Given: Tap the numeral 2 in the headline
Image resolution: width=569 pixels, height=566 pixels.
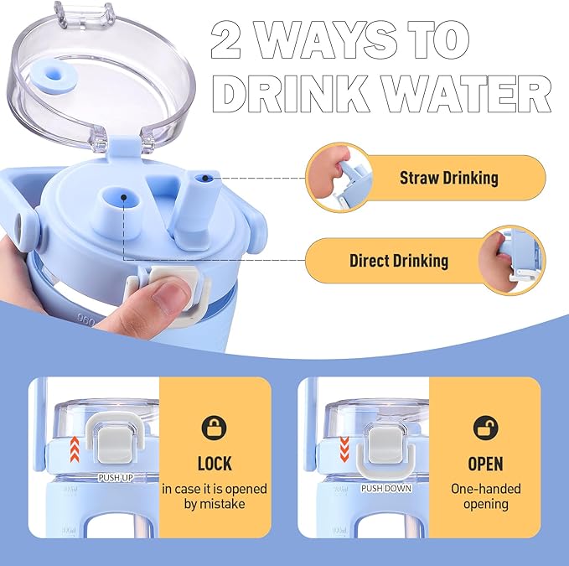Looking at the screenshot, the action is coord(226,39).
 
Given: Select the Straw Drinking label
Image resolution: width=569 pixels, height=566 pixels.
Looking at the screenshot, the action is coord(449,178).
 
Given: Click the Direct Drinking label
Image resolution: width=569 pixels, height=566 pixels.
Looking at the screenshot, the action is coord(398,261).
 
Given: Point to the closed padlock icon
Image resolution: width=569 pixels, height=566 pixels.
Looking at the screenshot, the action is coord(214,428).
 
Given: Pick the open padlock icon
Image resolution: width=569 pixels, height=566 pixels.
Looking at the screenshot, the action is coord(486,428).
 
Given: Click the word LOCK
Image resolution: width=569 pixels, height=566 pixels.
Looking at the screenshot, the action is coord(215,464).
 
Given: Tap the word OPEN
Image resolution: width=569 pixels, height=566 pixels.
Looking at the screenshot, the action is coord(485,464).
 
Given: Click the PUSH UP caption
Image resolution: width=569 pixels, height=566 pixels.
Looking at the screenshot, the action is coord(116,477).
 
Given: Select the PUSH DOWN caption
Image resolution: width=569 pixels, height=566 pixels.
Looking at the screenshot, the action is coord(386,488).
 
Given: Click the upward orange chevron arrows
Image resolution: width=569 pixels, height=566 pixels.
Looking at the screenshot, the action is coord(75,449).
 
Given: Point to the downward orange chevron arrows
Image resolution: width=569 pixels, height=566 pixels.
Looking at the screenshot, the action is coord(344,449).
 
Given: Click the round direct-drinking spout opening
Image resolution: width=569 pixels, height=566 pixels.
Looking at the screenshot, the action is coord(122,198).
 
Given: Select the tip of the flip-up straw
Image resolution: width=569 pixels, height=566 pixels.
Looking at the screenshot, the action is coord(205,178).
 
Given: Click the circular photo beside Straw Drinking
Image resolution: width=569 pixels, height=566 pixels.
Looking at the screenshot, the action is coord(339,177).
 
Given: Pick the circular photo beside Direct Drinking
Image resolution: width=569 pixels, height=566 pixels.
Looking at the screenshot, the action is coord(512,260).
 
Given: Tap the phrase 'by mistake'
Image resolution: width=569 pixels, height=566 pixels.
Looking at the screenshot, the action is coord(214,504).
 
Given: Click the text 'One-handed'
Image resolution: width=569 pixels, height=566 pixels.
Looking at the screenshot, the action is coord(485,489).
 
